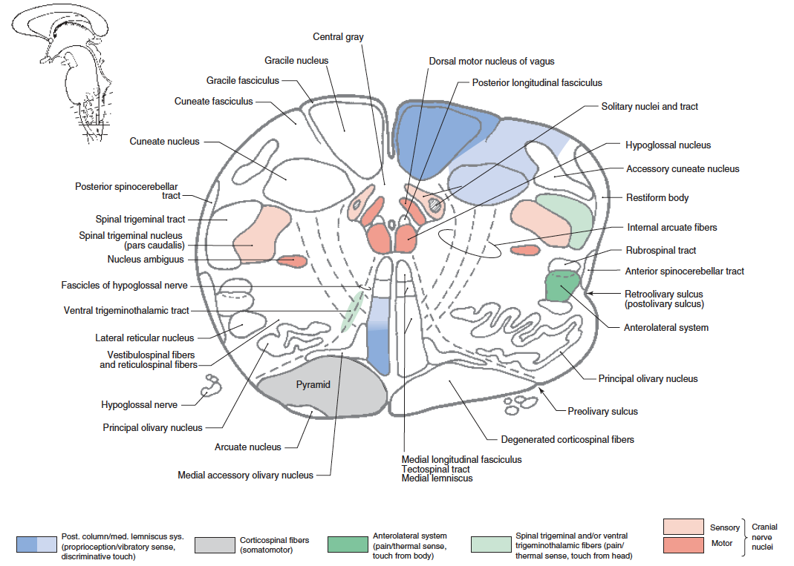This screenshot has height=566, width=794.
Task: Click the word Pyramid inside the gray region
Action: pos(313,384)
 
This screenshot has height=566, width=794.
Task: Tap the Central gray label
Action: pos(338,36)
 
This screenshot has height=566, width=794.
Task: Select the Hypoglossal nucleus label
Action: pos(668,145)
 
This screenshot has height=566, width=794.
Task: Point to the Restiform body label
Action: pos(657,198)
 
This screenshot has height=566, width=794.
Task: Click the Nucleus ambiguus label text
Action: pos(146,260)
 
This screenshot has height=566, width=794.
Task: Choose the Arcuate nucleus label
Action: pos(248,447)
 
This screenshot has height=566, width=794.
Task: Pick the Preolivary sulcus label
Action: pos(602,411)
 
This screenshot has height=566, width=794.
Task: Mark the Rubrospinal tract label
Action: pos(661,251)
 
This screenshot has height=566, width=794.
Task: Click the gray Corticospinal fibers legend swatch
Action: pos(214,544)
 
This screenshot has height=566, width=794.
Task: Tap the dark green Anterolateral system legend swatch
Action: pos(348,544)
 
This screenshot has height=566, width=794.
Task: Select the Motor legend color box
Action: pos(683,543)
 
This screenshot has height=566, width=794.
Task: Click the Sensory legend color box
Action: pos(683,527)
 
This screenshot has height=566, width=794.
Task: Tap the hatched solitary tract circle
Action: pos(435,205)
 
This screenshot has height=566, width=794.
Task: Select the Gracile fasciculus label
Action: pos(243,80)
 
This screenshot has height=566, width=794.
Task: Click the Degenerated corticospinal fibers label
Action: pos(567,440)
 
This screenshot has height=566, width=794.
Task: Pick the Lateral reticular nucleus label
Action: pos(144,338)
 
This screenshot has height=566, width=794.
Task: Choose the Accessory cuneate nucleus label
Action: pos(683,169)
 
